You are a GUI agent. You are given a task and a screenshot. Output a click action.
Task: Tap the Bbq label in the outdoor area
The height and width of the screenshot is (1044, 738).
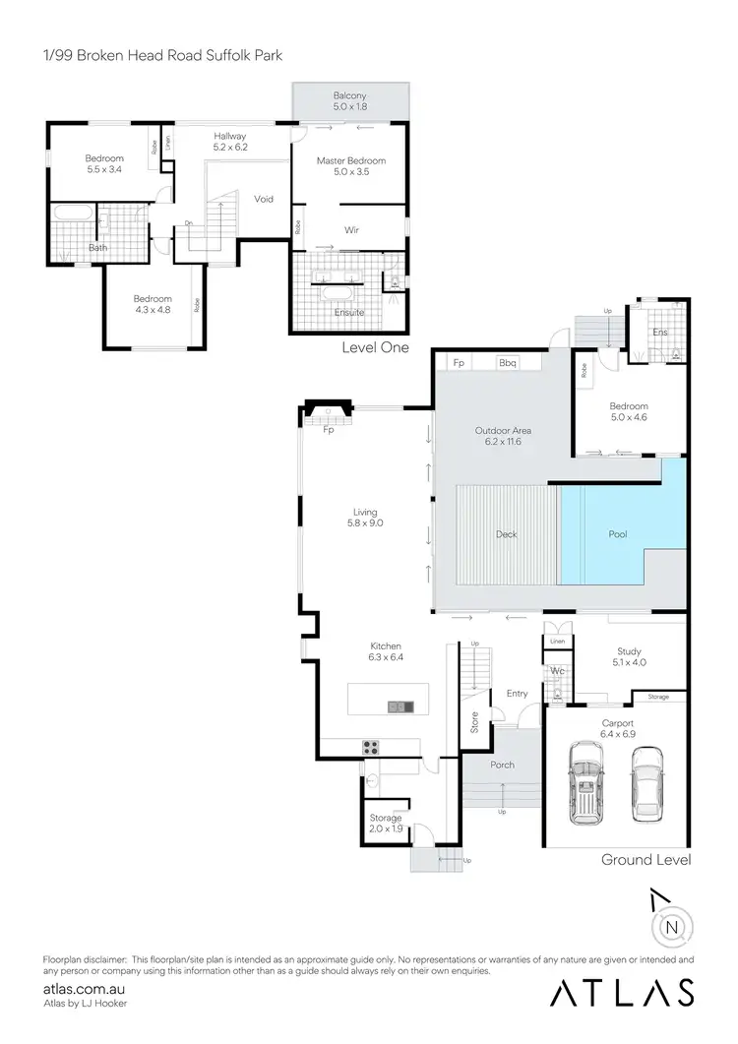point(508,363)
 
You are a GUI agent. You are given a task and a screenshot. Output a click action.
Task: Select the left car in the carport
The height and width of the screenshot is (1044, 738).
point(587,784)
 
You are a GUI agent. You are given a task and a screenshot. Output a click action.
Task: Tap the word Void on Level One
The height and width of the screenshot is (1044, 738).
point(264,199)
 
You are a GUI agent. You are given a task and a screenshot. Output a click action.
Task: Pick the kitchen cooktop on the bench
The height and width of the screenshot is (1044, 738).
point(374,745)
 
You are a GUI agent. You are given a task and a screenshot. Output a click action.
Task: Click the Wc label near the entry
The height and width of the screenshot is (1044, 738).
point(556,671)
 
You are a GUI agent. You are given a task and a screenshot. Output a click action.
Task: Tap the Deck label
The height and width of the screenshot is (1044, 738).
point(506,534)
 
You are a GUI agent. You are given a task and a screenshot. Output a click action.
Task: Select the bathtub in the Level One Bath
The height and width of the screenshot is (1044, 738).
point(74,213)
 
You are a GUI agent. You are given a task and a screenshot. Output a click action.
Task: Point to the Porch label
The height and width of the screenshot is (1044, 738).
point(502,765)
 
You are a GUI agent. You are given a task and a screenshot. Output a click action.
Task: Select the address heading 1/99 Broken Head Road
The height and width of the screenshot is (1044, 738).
point(162,55)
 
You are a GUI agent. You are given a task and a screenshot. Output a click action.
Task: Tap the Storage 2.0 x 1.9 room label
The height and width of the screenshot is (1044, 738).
point(386,823)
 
